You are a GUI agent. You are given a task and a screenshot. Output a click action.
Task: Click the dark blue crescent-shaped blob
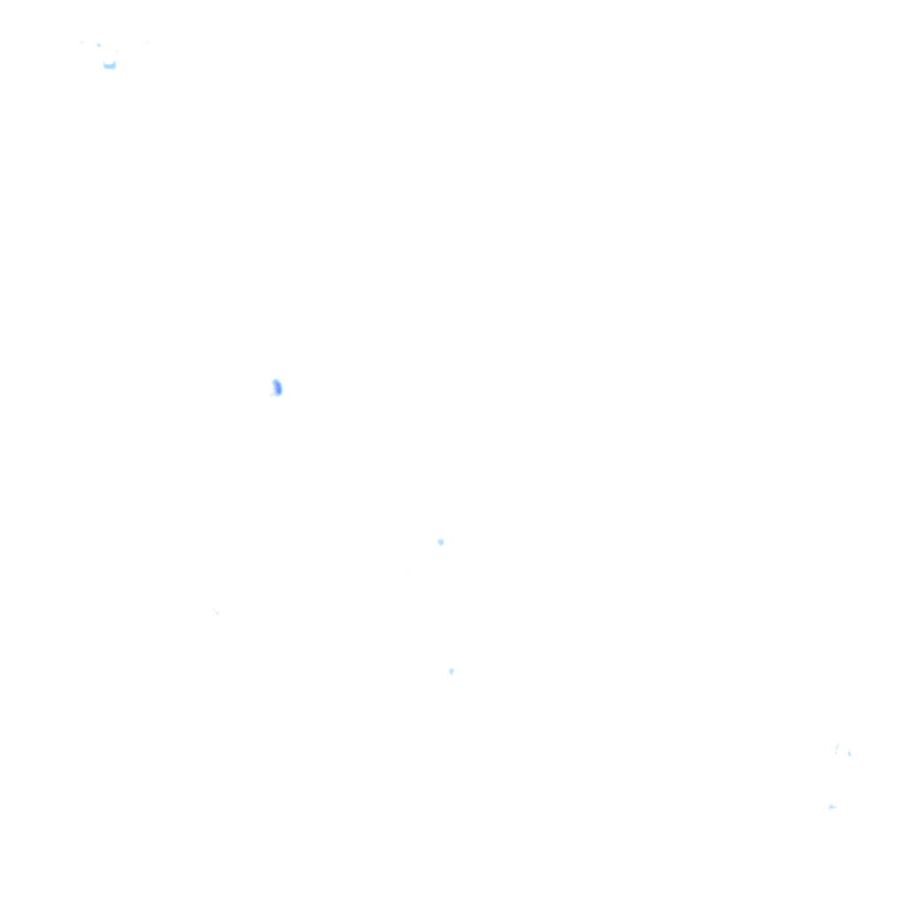pos(277,387)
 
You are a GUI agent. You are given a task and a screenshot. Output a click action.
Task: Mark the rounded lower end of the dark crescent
pos(278,394)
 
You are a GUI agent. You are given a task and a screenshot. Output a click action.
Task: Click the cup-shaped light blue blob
pos(109,64)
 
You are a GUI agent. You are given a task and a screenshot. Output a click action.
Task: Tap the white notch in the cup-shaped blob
pos(109,60)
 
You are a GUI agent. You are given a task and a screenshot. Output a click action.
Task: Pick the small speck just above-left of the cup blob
pos(98,44)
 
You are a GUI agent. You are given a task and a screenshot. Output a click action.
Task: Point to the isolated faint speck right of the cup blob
pos(147,42)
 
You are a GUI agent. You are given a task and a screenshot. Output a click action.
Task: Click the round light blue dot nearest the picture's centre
pos(441,542)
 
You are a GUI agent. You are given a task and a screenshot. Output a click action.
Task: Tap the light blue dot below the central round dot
pos(451,671)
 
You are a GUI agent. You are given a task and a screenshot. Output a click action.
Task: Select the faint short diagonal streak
pos(215,611)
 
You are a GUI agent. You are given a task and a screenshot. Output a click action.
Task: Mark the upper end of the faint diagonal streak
pos(213,608)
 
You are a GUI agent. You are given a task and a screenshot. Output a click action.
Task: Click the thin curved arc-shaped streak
pos(837,749)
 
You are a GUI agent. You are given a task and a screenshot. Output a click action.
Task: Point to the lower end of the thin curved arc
pos(836,754)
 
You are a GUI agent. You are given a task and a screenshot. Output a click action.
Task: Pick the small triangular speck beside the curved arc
pos(849,754)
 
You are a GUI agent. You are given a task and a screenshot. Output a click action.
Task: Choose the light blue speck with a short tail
pos(832,807)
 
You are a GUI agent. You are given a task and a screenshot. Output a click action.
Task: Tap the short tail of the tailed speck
pos(835,806)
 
